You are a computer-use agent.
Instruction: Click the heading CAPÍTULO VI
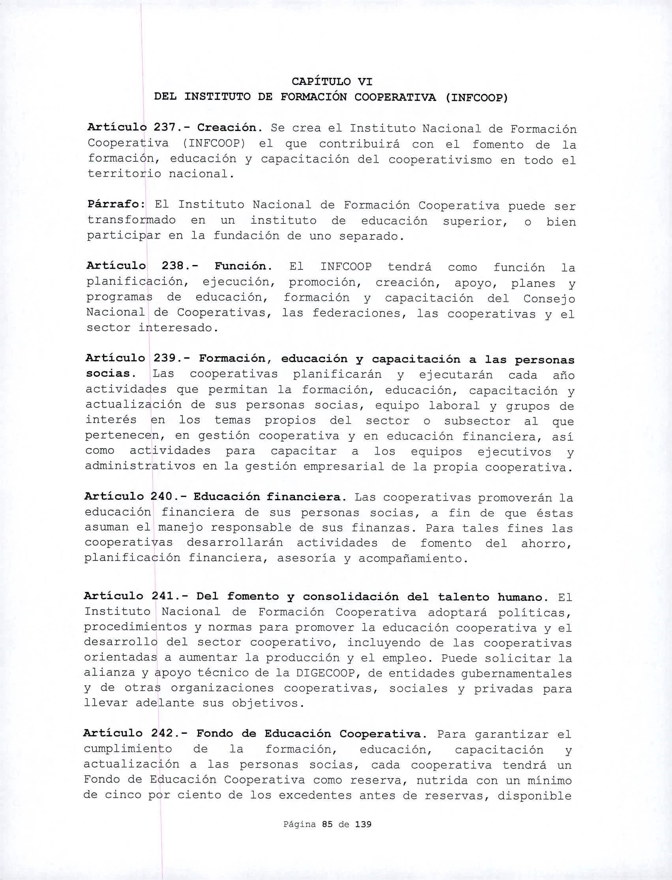coord(332,82)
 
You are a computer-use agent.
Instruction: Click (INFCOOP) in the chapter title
coord(477,97)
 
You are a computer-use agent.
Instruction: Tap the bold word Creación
coord(229,128)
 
